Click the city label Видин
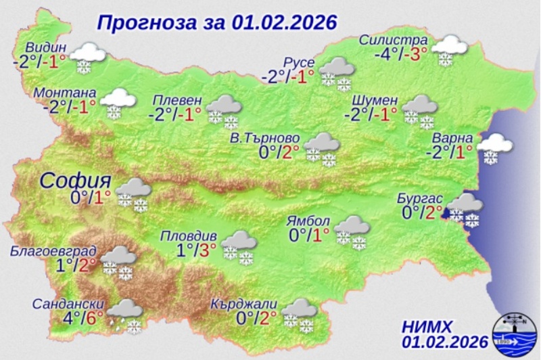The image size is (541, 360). (47, 48)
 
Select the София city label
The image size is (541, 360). (74, 181)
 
